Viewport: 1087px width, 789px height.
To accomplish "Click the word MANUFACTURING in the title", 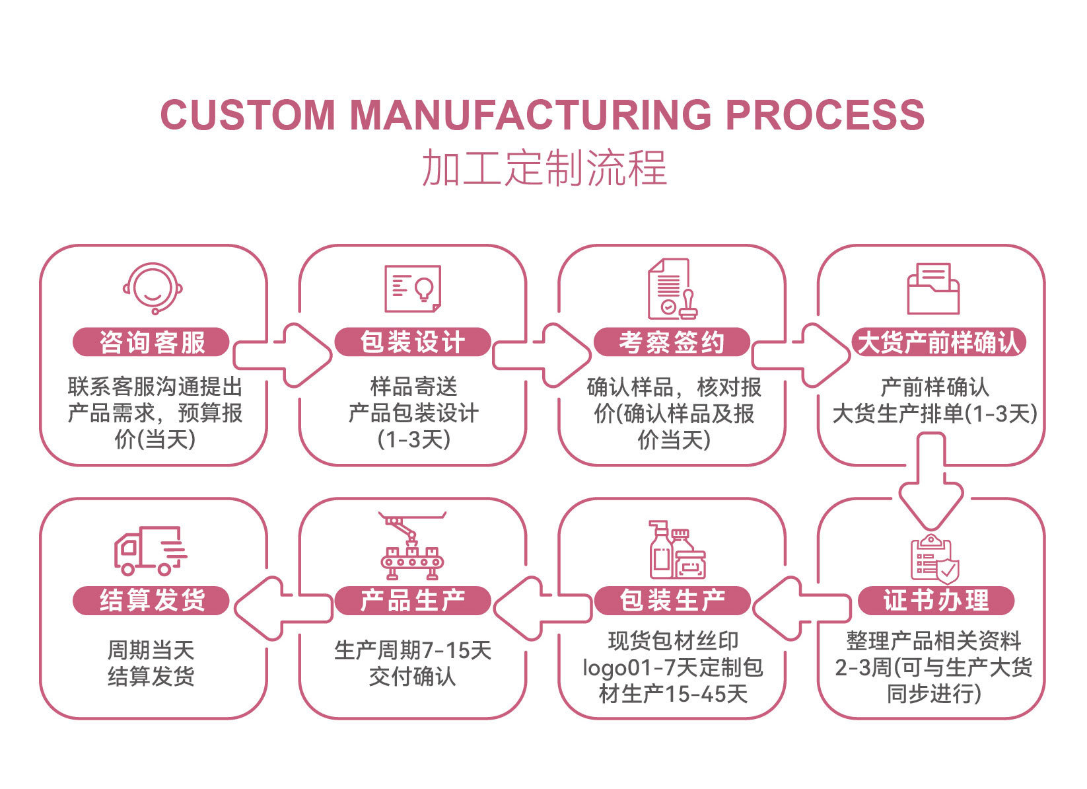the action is pos(530,115).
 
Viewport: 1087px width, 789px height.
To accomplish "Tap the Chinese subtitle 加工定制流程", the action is pos(544,168).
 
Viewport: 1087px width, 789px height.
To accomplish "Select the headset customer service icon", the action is pos(153,288).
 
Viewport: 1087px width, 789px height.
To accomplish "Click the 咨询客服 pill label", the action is pos(151,342).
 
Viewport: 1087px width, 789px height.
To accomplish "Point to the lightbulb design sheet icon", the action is pos(413,288).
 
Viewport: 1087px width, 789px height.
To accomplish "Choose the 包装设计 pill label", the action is pos(413,342).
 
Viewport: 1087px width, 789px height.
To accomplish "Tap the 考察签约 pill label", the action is pos(672,342).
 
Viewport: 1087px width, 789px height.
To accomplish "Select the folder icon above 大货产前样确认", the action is pos(933,288).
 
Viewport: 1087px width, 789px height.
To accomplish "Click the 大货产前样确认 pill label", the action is pos(939,342).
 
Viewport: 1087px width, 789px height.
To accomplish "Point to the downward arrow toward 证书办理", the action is pos(931,480).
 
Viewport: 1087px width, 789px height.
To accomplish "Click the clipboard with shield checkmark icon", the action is pos(934,559).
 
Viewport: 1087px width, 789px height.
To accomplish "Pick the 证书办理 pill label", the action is pos(936,601).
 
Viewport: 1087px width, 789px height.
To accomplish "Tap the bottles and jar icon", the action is pos(678,549).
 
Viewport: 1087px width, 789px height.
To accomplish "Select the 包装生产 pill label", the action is pos(672,601).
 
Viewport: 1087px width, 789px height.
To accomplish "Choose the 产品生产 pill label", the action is pos(413,601).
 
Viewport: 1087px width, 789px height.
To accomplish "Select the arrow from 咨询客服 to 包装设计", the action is pos(283,356).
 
